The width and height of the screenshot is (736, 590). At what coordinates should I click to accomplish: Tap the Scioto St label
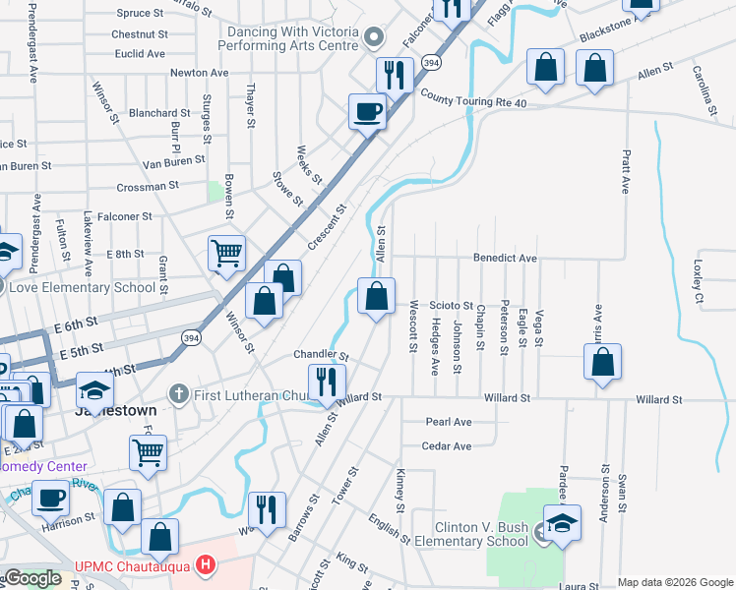tap(453, 306)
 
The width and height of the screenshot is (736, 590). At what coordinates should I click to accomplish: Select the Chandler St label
tap(321, 354)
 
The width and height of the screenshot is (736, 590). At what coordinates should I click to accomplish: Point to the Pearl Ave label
tap(449, 422)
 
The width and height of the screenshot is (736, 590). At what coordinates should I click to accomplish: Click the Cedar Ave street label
tap(447, 446)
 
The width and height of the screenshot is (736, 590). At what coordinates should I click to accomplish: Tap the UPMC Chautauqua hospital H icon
tap(205, 565)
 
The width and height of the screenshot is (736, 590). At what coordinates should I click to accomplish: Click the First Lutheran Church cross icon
tap(178, 394)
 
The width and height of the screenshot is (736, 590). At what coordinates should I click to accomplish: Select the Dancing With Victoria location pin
tap(373, 38)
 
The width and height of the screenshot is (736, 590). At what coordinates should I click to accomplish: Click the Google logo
tap(31, 578)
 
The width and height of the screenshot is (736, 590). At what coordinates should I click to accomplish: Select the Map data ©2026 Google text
tap(675, 582)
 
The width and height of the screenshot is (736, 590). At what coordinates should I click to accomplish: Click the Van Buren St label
tap(173, 158)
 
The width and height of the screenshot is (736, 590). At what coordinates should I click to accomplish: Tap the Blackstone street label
tap(604, 31)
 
